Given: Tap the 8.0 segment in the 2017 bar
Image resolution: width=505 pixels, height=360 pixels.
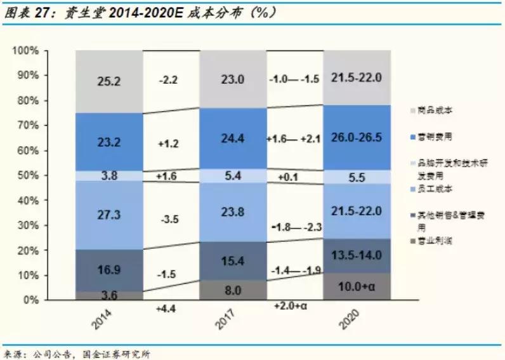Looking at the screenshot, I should click(233, 290).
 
